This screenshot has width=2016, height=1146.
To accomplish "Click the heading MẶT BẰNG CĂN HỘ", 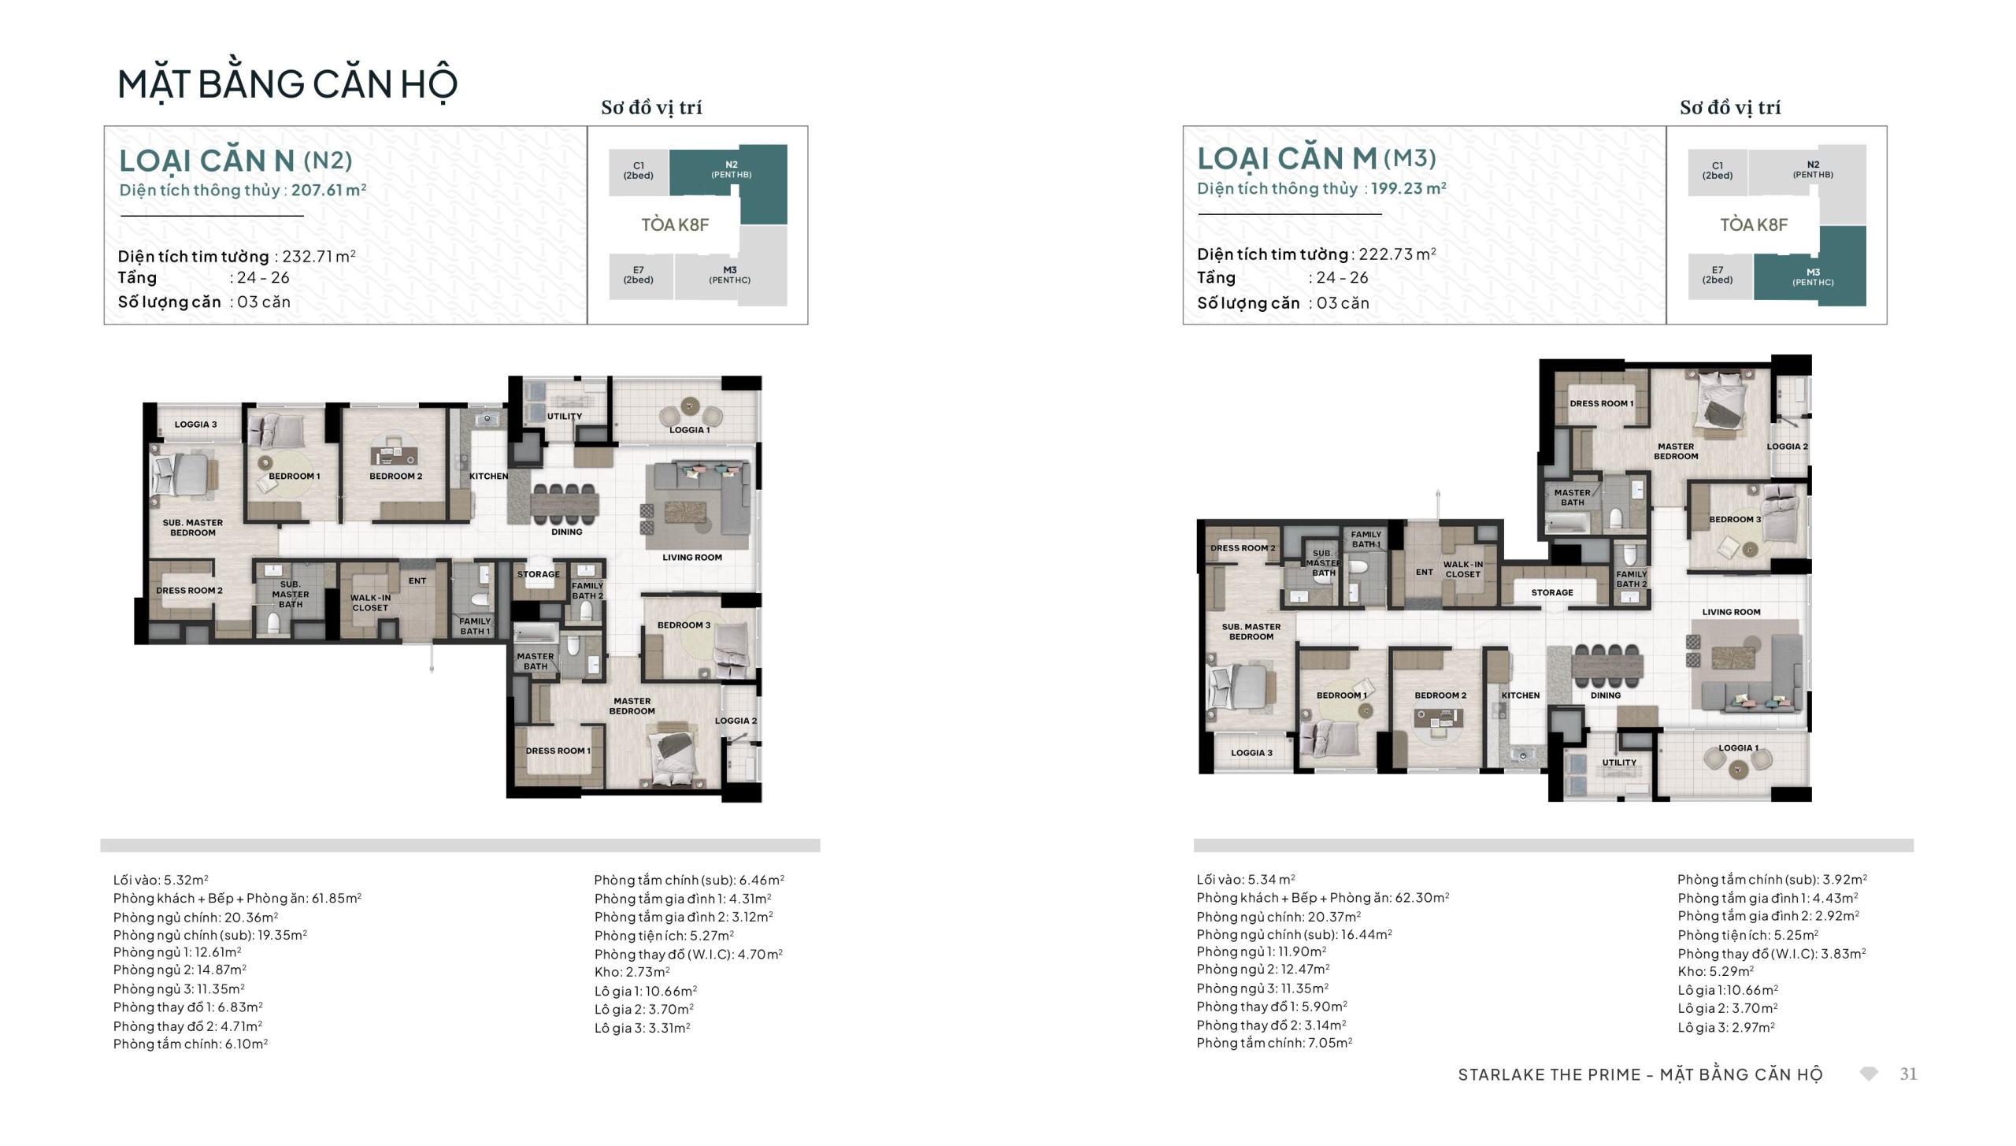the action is pyautogui.click(x=287, y=84).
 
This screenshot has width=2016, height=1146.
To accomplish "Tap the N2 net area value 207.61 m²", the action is pyautogui.click(x=329, y=190).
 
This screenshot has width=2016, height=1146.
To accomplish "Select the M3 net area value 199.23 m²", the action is pyautogui.click(x=1409, y=188).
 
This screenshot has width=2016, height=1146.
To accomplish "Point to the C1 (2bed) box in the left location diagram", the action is pyautogui.click(x=639, y=172).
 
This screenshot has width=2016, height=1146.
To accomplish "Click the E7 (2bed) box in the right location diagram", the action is pyautogui.click(x=1718, y=276).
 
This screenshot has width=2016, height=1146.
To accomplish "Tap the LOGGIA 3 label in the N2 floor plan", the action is pyautogui.click(x=196, y=425).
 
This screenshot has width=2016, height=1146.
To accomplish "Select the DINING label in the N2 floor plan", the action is pyautogui.click(x=567, y=532).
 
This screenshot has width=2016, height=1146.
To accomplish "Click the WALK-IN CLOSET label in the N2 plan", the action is pyautogui.click(x=370, y=603).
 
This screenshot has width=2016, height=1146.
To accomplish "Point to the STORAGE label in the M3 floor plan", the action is pyautogui.click(x=1552, y=592).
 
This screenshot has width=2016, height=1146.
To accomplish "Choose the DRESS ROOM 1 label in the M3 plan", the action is pyautogui.click(x=1602, y=403).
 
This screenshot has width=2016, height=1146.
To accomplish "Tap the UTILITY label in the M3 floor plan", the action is pyautogui.click(x=1619, y=762).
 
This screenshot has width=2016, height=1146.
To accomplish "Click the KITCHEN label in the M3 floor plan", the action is pyautogui.click(x=1521, y=695).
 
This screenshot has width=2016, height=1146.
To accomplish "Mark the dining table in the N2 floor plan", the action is pyautogui.click(x=565, y=503).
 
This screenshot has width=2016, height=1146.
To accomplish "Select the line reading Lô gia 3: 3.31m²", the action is pyautogui.click(x=643, y=1028).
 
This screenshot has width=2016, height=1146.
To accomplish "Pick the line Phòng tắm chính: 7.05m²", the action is pyautogui.click(x=1275, y=1043).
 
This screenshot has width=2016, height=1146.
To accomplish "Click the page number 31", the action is pyautogui.click(x=1908, y=1074).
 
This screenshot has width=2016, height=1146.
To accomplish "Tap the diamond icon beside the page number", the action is pyautogui.click(x=1869, y=1074).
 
